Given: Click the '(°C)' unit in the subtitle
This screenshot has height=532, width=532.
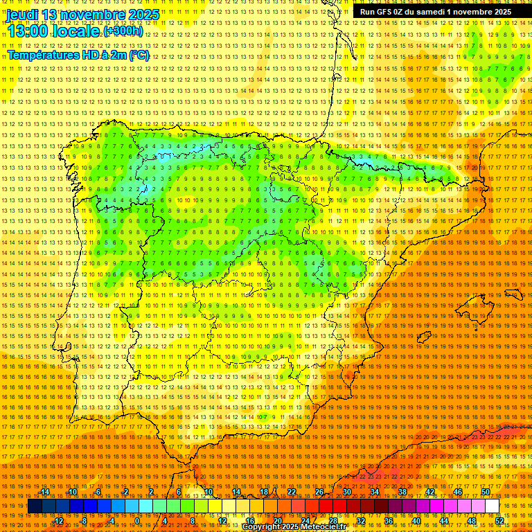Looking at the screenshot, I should coord(138,55).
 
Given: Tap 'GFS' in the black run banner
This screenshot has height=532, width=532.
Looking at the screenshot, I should coord(388,12).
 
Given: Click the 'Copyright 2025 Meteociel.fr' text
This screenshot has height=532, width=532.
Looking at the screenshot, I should coord(294,526).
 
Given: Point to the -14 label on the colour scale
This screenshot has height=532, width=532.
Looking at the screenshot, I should coord(44,493).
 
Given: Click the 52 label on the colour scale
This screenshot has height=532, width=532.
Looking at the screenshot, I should coord(499,521).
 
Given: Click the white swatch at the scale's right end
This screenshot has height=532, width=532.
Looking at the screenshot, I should coord(492,506).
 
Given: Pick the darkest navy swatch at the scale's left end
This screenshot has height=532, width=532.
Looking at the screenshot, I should coord(35,506).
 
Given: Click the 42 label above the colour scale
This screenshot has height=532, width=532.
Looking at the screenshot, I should coord(430,493).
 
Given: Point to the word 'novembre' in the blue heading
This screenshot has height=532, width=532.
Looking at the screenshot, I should coord(88,15).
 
